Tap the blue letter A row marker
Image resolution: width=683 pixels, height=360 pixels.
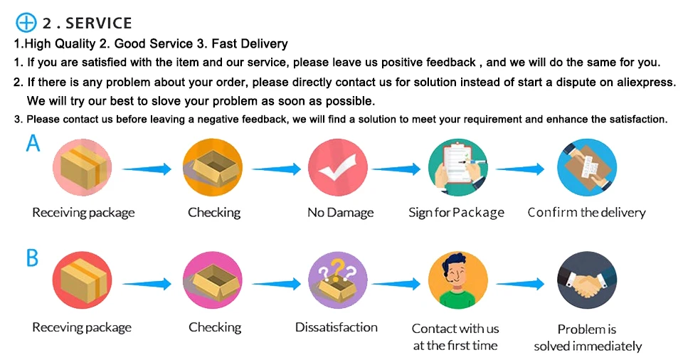coord(33,144)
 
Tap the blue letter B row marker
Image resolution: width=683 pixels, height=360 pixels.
coord(33,258)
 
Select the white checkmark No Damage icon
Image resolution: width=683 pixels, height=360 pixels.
coord(337,169)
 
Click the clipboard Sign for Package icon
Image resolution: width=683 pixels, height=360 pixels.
coord(457,169)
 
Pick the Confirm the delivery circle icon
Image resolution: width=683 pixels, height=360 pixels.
coord(586,169)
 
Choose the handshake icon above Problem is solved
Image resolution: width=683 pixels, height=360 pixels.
coord(586,282)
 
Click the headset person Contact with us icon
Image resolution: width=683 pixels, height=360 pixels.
coord(457,282)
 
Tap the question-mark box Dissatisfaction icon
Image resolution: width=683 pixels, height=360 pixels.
coord(337,282)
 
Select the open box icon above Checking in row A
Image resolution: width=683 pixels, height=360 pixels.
coord(213,169)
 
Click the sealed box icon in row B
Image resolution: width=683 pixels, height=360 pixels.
coord(83,282)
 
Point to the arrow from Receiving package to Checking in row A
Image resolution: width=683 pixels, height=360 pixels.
coord(147,169)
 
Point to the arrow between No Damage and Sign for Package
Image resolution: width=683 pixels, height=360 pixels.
coord(397,169)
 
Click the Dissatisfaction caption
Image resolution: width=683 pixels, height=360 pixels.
coord(337,327)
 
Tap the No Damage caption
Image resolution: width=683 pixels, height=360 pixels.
coord(340,213)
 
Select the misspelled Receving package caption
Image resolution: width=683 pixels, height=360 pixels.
coord(82,327)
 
